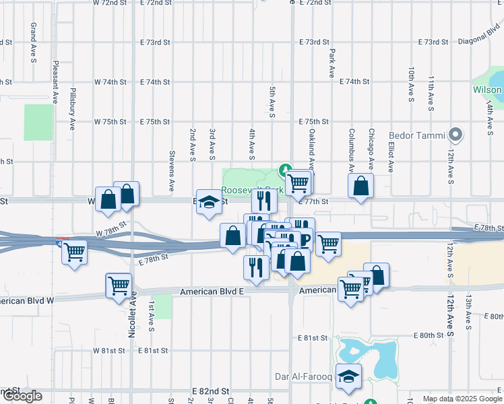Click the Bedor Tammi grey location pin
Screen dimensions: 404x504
click(x=455, y=135)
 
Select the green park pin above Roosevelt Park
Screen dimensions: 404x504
click(x=285, y=172)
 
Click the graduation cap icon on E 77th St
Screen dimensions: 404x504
click(x=209, y=202)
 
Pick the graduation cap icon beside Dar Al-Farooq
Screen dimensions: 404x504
click(x=348, y=377)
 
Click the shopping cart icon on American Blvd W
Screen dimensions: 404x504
click(x=119, y=285)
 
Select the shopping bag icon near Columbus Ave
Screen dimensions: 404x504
click(x=361, y=187)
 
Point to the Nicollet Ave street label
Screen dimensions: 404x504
click(x=133, y=314)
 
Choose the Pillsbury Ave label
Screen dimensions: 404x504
click(x=71, y=107)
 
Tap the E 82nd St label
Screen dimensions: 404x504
click(x=211, y=391)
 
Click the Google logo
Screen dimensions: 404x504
click(x=22, y=397)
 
